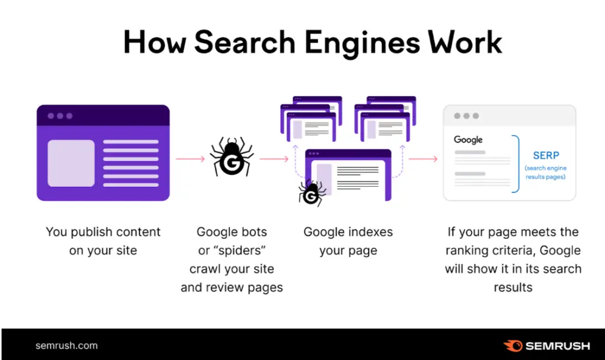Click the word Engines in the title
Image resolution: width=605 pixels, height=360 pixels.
click(x=362, y=43)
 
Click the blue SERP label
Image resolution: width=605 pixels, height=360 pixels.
click(x=546, y=155)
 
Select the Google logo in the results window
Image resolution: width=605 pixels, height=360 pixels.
click(x=468, y=140)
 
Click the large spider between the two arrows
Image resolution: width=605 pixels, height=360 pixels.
click(x=232, y=156)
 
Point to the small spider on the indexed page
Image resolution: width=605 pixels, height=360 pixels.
click(x=312, y=193)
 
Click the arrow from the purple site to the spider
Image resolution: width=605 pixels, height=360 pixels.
click(x=190, y=159)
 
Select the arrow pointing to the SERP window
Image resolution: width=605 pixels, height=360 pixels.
click(x=423, y=159)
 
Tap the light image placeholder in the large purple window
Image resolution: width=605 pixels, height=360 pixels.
click(x=71, y=163)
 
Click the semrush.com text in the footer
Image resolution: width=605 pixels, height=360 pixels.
click(x=66, y=346)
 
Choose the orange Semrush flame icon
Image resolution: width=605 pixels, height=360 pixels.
click(x=513, y=346)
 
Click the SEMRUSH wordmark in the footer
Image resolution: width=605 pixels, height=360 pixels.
click(x=558, y=346)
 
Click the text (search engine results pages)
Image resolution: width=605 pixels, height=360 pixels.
click(x=545, y=173)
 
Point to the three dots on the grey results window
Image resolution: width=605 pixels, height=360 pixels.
click(x=467, y=116)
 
